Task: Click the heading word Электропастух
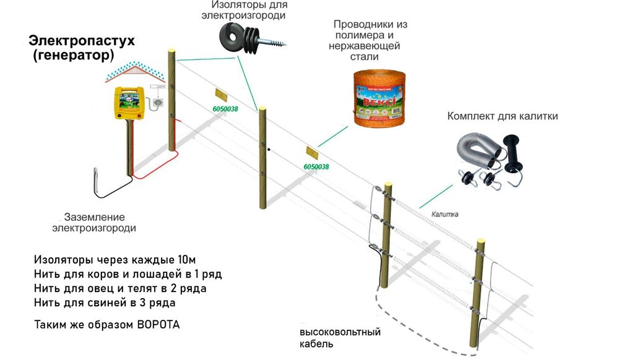(81, 41)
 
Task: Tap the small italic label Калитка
(444, 213)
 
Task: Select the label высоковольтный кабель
(335, 338)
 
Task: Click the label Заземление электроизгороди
(94, 223)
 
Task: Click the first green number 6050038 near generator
(225, 109)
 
